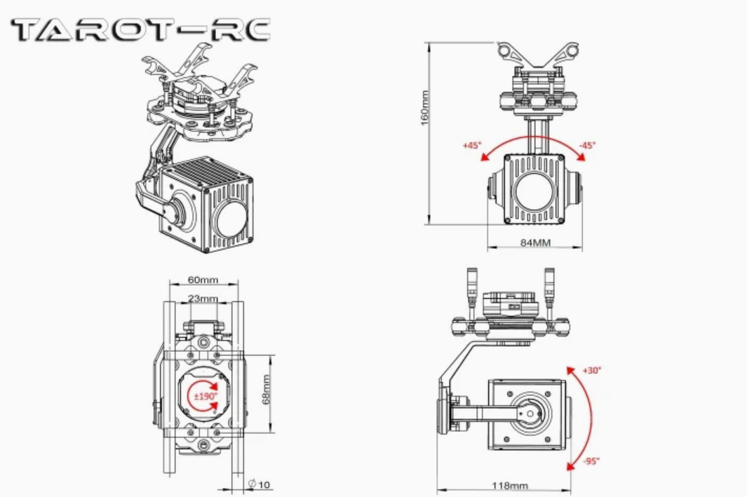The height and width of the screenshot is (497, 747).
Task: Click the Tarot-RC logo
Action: (x=140, y=29)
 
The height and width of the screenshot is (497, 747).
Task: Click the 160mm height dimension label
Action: (x=425, y=108)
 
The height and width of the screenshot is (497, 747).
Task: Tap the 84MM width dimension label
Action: (x=535, y=243)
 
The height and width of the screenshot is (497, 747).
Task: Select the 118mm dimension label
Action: (x=510, y=486)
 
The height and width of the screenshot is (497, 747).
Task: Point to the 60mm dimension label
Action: (x=203, y=280)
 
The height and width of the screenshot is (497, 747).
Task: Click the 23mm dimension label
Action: (x=203, y=299)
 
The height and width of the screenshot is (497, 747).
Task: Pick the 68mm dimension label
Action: (x=266, y=389)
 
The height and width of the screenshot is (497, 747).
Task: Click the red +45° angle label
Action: (x=471, y=145)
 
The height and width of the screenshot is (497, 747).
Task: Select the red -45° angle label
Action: (x=587, y=145)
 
